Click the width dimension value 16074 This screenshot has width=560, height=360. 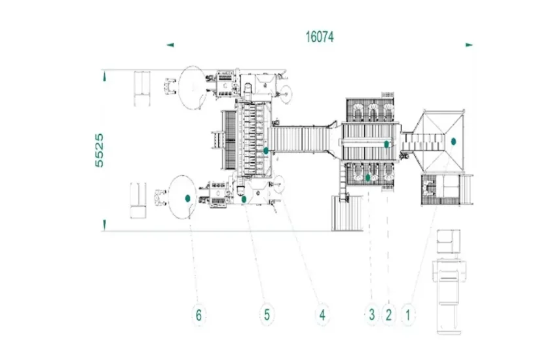click(x=320, y=37)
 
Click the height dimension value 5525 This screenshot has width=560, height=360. click(x=99, y=150)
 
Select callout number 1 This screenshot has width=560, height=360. click(x=408, y=315)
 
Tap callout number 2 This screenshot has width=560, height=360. click(x=388, y=315)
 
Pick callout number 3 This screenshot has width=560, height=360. click(x=372, y=314)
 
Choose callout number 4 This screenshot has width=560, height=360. click(x=322, y=315)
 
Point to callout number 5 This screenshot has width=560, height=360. click(x=267, y=314)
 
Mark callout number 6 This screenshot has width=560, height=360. click(x=198, y=315)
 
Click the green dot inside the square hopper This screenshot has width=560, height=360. click(x=453, y=141)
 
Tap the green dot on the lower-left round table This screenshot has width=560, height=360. click(x=188, y=198)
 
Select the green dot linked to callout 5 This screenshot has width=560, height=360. click(x=244, y=199)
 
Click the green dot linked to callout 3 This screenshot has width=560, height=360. click(x=368, y=177)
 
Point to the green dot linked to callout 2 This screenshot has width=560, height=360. click(x=386, y=144)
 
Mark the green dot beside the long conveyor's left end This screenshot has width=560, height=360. click(x=266, y=151)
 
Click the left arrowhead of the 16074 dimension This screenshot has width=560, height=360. click(x=170, y=45)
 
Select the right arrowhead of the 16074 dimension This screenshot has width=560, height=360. click(x=469, y=45)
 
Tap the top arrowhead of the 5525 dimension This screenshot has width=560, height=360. click(x=104, y=77)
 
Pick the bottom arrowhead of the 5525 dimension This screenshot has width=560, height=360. click(x=104, y=225)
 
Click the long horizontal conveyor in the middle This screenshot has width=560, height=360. click(x=303, y=139)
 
